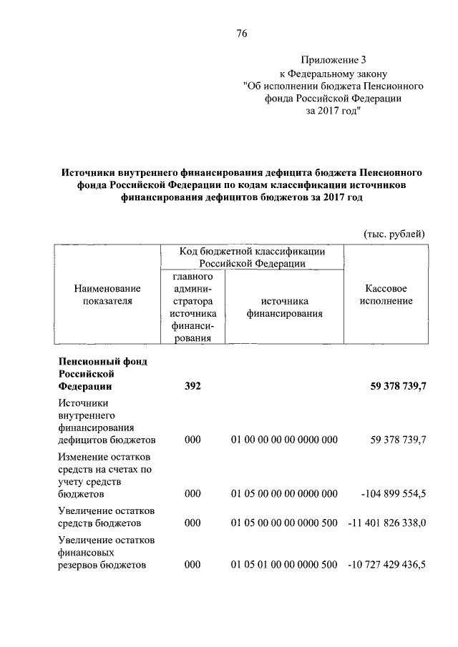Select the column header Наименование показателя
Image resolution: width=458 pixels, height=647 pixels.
click(107, 295)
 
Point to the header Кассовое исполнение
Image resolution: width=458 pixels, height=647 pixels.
click(386, 295)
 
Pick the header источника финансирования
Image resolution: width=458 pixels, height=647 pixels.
click(284, 307)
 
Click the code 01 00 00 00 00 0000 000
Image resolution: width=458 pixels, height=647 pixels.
click(284, 440)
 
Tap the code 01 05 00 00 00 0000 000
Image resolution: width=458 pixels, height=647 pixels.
click(284, 494)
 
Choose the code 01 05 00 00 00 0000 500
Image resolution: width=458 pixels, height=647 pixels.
click(284, 523)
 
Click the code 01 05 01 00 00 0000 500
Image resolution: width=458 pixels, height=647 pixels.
click(284, 565)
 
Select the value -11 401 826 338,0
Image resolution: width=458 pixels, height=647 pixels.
click(386, 523)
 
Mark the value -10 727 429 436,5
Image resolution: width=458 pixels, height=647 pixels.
click(386, 565)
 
